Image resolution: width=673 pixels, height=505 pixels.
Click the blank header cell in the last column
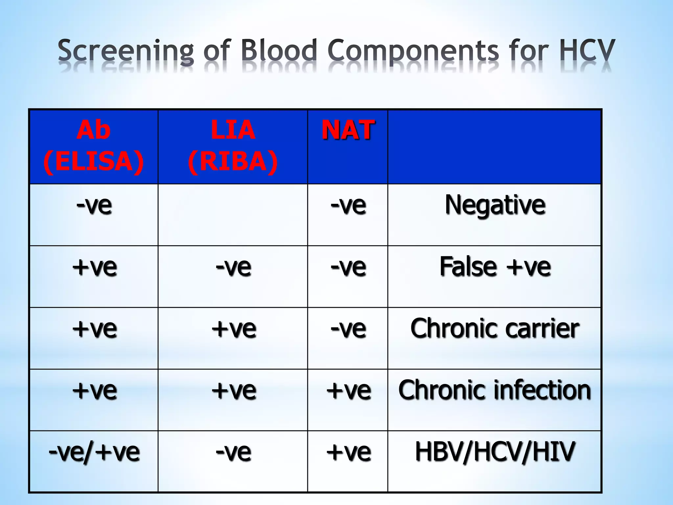[495, 146]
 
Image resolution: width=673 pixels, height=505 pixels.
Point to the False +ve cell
[495, 267]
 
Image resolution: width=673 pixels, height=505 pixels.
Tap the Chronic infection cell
[495, 390]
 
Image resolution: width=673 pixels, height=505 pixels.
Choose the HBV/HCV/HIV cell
[495, 452]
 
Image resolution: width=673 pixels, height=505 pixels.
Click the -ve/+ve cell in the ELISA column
[94, 452]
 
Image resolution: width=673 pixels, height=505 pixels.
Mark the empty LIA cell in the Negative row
[233, 214]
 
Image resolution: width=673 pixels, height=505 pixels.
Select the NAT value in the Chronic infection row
[348, 391]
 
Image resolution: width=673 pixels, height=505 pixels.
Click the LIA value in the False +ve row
[233, 267]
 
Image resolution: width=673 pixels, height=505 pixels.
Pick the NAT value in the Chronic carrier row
[348, 329]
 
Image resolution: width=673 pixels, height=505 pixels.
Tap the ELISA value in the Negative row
[94, 205]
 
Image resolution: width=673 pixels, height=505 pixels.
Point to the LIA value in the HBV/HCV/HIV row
[233, 452]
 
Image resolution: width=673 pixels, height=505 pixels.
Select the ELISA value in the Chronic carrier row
[94, 329]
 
